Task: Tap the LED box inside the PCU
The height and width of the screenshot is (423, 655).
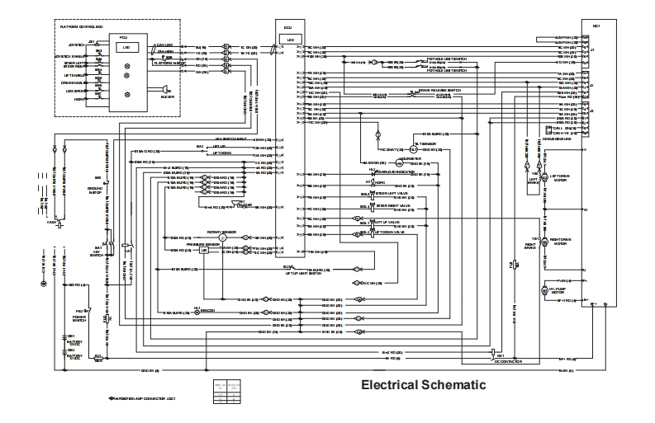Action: (126, 47)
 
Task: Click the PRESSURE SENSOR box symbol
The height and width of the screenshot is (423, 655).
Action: (216, 249)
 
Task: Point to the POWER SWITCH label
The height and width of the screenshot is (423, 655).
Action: (79, 316)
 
